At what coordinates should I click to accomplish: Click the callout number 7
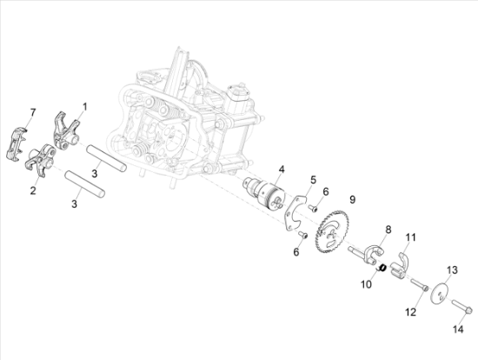[33, 112]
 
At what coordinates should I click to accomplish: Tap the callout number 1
[85, 107]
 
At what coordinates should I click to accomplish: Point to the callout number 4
[281, 170]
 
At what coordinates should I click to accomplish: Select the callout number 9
[352, 200]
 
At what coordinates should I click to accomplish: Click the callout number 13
[453, 270]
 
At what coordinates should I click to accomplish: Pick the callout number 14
[458, 330]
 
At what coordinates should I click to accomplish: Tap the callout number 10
[367, 284]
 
